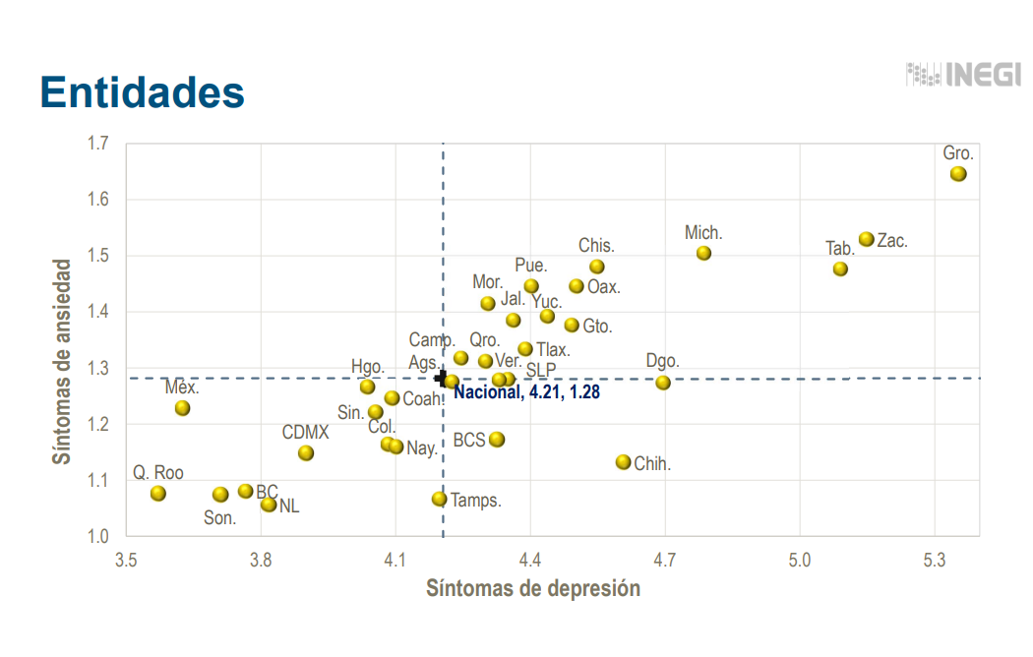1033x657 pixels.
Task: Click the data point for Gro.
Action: [958, 174]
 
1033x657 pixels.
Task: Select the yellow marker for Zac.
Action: [866, 239]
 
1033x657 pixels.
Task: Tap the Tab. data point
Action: [840, 269]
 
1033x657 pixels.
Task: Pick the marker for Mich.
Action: [703, 253]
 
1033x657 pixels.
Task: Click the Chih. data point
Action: [623, 462]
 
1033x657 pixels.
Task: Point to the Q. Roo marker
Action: [157, 493]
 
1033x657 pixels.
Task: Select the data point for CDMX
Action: [306, 453]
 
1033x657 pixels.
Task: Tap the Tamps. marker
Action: [439, 499]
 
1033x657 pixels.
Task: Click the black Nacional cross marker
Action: [441, 377]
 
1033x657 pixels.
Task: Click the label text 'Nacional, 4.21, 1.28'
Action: [526, 392]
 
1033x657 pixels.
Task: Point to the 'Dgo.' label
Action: [663, 361]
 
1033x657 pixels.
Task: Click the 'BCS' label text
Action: [468, 440]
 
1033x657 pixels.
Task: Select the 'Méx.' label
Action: [182, 387]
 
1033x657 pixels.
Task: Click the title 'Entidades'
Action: [142, 91]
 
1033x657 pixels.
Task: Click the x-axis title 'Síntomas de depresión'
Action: [532, 589]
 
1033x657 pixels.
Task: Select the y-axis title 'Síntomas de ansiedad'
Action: [62, 362]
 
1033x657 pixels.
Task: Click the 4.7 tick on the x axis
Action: [665, 560]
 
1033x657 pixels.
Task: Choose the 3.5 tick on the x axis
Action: [126, 560]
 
